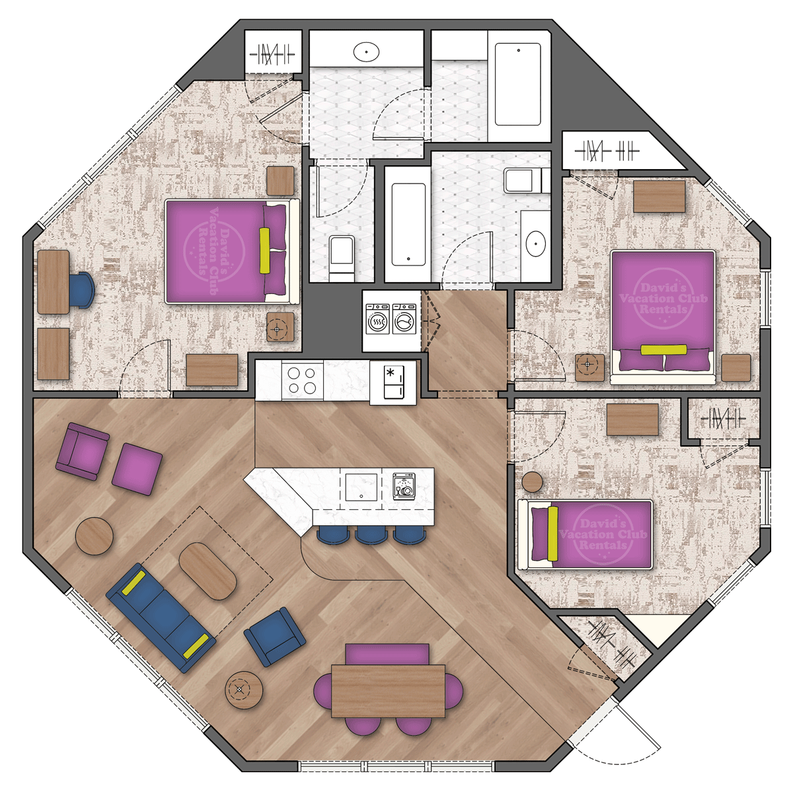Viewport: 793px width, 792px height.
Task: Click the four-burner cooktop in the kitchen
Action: pos(302,380)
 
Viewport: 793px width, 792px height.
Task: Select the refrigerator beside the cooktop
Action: pos(393,382)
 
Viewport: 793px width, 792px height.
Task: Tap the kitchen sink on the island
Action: pos(361,487)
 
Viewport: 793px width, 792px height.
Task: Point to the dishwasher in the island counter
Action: pos(404,486)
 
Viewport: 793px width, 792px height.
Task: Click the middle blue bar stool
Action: pos(370,534)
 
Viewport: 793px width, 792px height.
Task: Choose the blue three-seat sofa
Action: pos(161,617)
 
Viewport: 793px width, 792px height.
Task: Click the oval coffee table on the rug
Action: pos(208,571)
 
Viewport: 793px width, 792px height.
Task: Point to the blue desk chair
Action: pos(82,290)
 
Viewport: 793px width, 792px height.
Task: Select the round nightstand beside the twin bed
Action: pos(533,482)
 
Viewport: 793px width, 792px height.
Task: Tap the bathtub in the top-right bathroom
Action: pos(518,84)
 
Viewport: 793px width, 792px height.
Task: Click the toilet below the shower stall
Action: pos(342,256)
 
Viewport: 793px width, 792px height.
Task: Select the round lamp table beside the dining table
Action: pos(244,690)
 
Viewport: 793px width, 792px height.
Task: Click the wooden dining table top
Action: pos(388,691)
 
